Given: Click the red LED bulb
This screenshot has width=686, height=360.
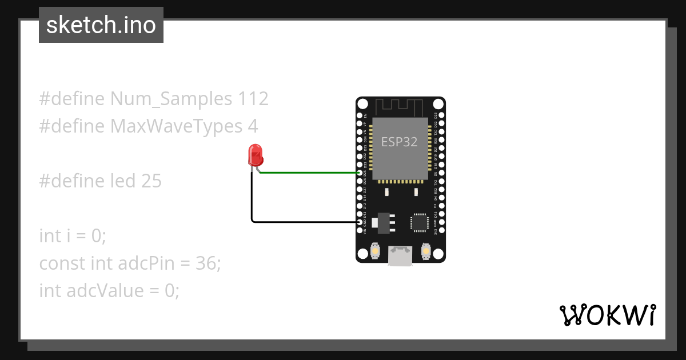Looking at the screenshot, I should [255, 155].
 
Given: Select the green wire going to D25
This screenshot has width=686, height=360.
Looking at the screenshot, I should [309, 173].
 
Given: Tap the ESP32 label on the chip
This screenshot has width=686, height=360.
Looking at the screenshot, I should [399, 142].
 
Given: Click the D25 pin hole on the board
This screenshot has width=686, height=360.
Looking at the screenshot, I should [359, 173].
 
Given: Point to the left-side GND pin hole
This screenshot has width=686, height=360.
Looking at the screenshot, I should [359, 222].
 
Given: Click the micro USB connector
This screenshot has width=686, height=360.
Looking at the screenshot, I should [400, 255].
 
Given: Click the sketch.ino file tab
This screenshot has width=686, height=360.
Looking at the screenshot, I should [101, 25].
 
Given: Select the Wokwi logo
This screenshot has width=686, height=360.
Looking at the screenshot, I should [607, 315].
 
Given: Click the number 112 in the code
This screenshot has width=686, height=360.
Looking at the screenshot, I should [252, 99].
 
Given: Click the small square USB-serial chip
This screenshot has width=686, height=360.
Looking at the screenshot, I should [419, 222].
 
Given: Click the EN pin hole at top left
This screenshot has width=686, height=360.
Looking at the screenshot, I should [359, 115].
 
